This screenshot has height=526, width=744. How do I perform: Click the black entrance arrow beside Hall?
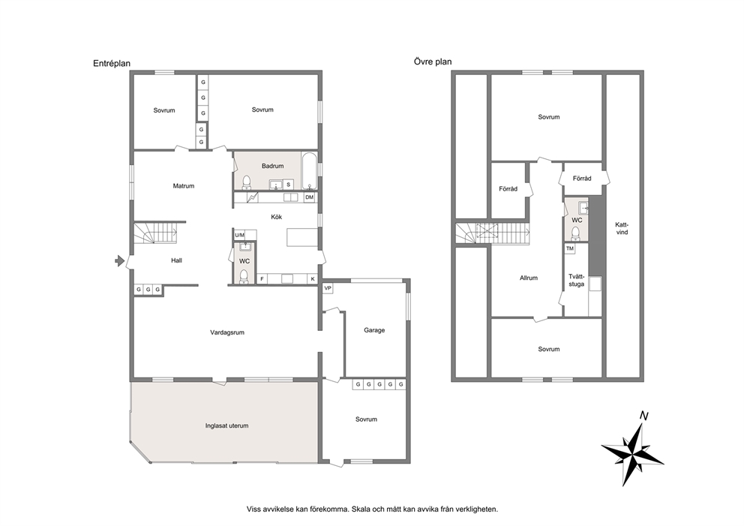point(120,260)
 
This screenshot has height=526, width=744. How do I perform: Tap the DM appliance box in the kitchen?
point(309,197)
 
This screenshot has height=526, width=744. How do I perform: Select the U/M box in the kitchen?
point(239,235)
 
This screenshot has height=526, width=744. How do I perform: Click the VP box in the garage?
point(328,288)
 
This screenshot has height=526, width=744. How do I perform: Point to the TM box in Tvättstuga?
point(570,248)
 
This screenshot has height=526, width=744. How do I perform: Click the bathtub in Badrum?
point(309,171)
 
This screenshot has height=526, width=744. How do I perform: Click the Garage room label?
point(374,330)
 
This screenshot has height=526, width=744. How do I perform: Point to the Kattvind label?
point(622,228)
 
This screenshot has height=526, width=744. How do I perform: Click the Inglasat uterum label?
point(226,426)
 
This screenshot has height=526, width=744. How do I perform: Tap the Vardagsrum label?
point(227,332)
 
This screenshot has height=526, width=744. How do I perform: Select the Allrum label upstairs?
point(529,278)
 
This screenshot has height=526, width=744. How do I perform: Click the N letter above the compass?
point(644,416)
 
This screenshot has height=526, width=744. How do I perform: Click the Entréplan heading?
point(112,64)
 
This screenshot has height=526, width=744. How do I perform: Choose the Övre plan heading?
point(433,62)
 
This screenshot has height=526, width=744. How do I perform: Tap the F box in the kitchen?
point(262,279)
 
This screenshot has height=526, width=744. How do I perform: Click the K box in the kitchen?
point(313,279)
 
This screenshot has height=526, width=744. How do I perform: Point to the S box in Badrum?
point(288,185)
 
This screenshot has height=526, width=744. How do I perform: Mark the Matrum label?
point(184,186)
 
